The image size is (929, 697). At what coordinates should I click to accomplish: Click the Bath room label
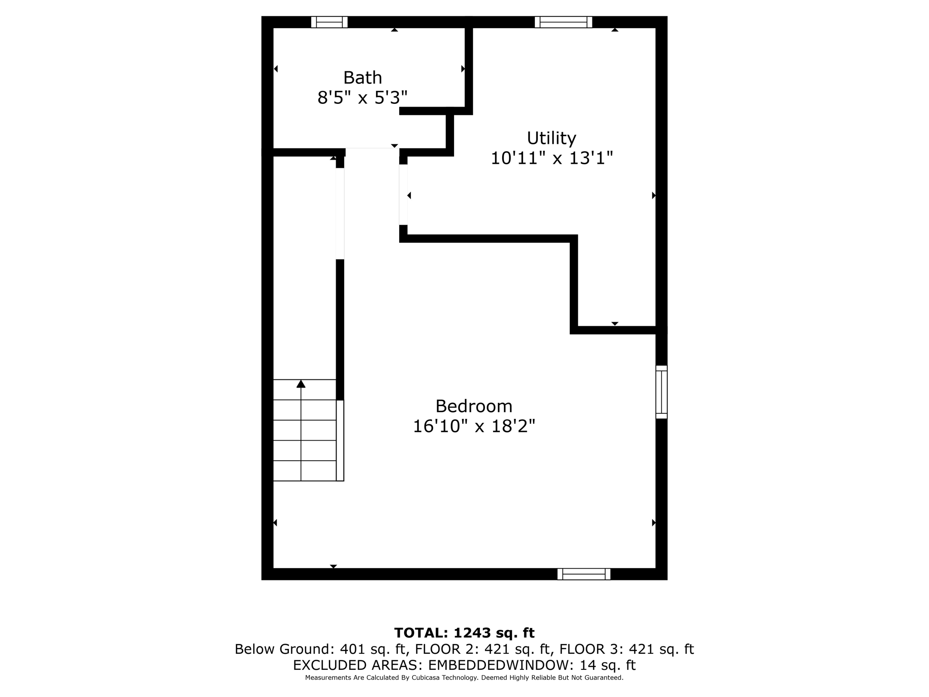point(362,78)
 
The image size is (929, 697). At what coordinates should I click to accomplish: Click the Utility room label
point(551,137)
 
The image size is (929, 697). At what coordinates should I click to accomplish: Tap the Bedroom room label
point(474,406)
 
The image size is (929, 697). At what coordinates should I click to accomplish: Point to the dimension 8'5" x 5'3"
point(362,98)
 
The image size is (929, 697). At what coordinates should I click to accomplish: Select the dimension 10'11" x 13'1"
point(552,158)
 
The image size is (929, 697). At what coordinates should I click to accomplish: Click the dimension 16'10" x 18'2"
point(474,427)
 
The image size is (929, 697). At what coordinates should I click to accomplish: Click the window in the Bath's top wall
point(329,22)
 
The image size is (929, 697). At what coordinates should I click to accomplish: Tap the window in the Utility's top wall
point(563,22)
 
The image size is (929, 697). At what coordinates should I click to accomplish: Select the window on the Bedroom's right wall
point(661,392)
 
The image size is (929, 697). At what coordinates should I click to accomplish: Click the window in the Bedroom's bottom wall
point(584,574)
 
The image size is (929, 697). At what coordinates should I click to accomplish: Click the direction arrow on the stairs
point(301,384)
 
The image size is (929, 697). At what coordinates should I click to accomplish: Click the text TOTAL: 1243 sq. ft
point(464,633)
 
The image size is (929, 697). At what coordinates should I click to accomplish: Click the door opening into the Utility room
point(403,195)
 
